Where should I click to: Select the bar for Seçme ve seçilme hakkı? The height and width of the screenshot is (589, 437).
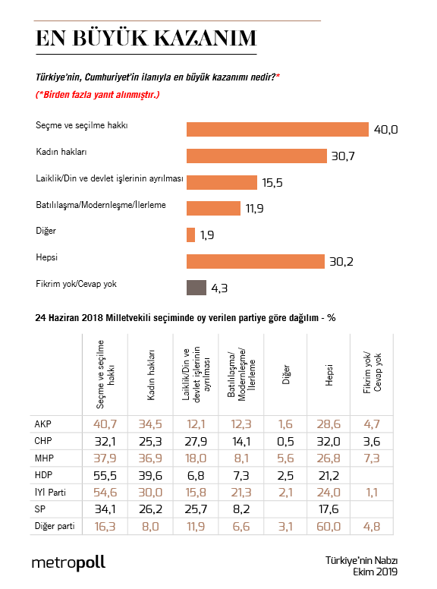coord(277,130)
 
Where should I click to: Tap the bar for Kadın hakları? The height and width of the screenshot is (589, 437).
coord(256,156)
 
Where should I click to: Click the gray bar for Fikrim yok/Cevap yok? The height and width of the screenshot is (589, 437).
coord(196,288)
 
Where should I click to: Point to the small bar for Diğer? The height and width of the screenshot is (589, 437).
coord(190,235)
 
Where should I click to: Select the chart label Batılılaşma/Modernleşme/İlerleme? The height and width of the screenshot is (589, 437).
coord(101,205)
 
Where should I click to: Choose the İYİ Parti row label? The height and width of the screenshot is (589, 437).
coord(52,490)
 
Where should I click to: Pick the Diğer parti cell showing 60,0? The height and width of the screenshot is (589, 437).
coord(328,524)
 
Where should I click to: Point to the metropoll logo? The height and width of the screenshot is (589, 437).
coord(68,562)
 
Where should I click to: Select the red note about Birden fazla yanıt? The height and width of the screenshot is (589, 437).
coord(98,95)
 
